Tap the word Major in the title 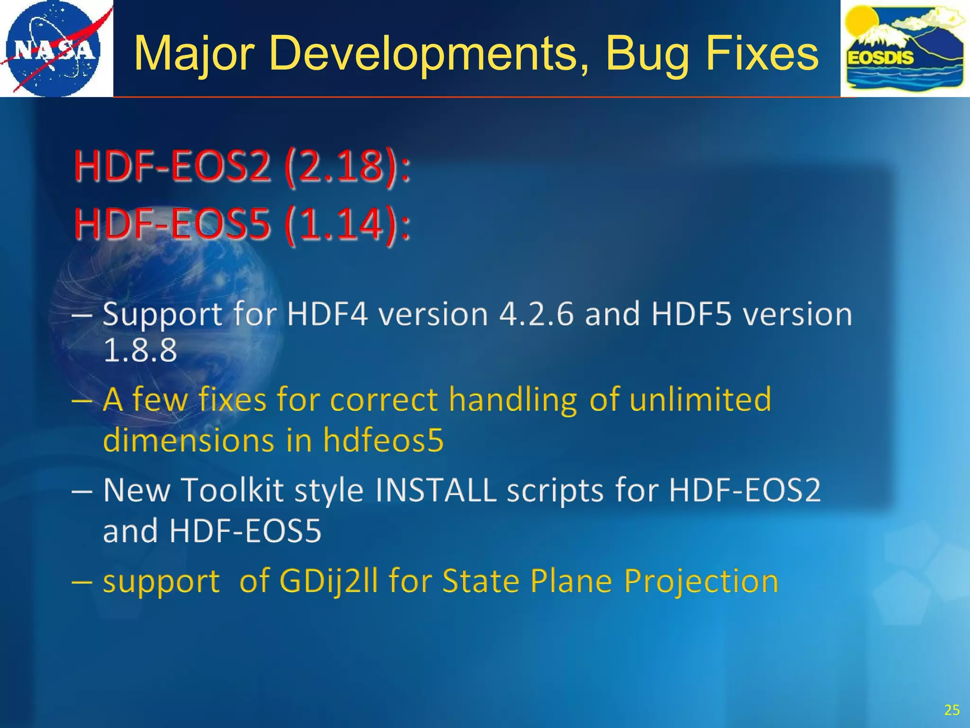point(194,55)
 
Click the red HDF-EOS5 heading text point(173,224)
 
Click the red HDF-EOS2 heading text point(173,167)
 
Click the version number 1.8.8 point(140,351)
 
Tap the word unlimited point(700,399)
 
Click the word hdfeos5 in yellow point(383,440)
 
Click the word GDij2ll point(329,581)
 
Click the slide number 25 point(952,710)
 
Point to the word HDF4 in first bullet point(327,314)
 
